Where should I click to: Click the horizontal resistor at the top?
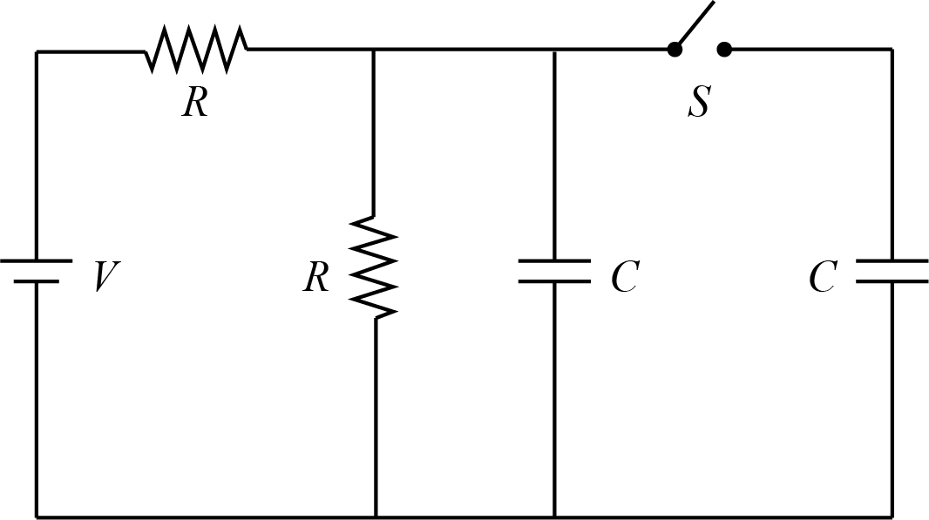pyautogui.click(x=196, y=50)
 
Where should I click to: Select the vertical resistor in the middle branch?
pyautogui.click(x=375, y=267)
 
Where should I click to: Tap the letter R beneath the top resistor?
pyautogui.click(x=195, y=104)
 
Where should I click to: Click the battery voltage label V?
pyautogui.click(x=105, y=278)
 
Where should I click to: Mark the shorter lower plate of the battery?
pyautogui.click(x=36, y=281)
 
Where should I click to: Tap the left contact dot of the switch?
pyautogui.click(x=674, y=50)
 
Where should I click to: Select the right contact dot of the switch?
pyautogui.click(x=723, y=50)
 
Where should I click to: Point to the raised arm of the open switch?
pyautogui.click(x=695, y=24)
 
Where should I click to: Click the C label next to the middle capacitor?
pyautogui.click(x=624, y=278)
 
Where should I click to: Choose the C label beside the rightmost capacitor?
pyautogui.click(x=823, y=278)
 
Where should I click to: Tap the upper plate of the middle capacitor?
pyautogui.click(x=554, y=260)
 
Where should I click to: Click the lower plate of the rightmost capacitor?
pyautogui.click(x=892, y=281)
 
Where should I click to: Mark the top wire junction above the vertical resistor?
pyautogui.click(x=374, y=51)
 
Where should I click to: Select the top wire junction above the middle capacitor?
pyautogui.click(x=554, y=51)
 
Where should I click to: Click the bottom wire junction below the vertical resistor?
pyautogui.click(x=376, y=517)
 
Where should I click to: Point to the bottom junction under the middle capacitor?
pyautogui.click(x=554, y=517)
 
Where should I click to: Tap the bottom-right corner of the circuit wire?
pyautogui.click(x=892, y=517)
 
